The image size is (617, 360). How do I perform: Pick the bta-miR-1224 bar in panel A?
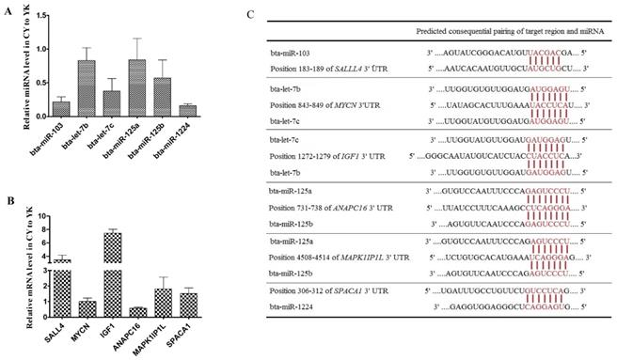[x=185, y=109]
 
